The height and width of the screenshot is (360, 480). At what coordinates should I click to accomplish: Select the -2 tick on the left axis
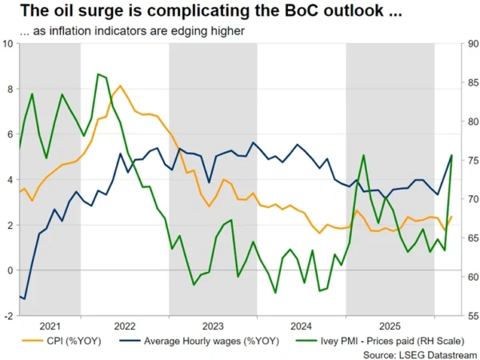7,316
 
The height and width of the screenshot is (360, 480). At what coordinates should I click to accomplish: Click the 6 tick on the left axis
9,134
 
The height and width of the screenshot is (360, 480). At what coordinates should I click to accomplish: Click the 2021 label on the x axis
49,326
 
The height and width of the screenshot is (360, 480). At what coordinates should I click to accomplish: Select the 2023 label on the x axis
213,326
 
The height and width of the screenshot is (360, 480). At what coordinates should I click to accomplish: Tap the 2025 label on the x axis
390,326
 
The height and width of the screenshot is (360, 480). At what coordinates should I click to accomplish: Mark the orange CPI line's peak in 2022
120,86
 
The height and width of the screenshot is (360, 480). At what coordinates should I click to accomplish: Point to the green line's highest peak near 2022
98,74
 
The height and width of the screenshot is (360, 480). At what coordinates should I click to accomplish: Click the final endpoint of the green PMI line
452,155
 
